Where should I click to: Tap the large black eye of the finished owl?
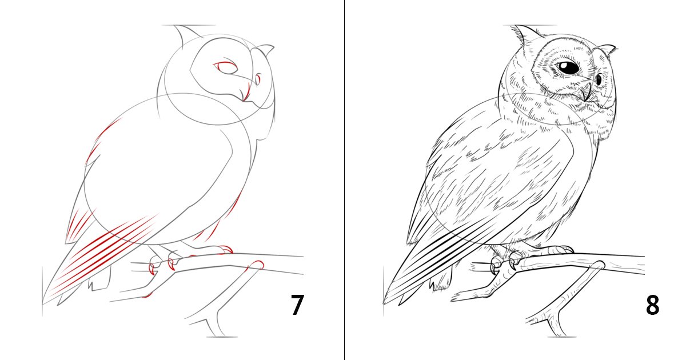point(568,67)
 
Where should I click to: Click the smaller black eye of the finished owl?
point(599,80)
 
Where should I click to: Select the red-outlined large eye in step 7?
point(226,67)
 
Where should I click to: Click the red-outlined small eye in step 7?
point(258,79)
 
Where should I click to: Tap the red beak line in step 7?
point(246,92)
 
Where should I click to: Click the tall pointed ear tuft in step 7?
point(186,35)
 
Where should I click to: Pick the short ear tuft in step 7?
point(265,50)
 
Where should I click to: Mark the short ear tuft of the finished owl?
point(608,50)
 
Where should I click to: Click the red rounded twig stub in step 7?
point(256,265)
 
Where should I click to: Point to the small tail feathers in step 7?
point(99,281)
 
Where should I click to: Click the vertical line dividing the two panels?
point(344,180)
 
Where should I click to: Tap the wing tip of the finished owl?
point(386,302)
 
